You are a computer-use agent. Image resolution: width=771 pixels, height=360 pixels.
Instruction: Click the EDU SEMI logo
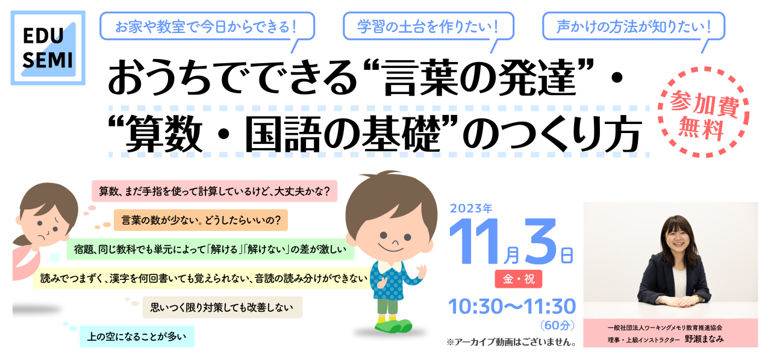(48, 48)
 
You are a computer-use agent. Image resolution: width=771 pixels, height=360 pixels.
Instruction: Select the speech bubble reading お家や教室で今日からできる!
(207, 27)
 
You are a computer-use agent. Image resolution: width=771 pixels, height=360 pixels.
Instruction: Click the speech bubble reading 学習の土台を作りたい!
(428, 27)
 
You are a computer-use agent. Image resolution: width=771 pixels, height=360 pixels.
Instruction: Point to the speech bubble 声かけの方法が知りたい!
(634, 27)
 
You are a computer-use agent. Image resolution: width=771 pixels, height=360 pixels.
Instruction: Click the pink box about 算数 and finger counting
(214, 191)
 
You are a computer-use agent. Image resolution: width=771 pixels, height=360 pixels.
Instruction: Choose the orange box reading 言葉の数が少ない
(201, 220)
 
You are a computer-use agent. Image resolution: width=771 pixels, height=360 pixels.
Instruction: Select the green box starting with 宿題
(210, 249)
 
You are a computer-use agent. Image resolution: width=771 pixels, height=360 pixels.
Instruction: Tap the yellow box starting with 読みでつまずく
(203, 278)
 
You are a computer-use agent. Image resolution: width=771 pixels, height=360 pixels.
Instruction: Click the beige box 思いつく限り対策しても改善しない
(222, 307)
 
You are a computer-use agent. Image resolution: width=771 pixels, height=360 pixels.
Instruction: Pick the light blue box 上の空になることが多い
(137, 337)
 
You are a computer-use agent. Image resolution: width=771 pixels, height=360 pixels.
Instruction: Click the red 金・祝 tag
(519, 279)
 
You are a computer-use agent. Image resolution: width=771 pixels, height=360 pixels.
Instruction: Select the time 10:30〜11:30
(512, 306)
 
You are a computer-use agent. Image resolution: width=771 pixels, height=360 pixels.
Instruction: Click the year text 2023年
(471, 208)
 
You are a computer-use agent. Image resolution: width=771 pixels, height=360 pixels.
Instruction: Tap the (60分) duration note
(557, 325)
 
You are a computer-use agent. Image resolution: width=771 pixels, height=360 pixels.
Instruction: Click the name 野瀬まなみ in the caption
(704, 339)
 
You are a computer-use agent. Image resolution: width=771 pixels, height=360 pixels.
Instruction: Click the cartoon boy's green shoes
(393, 326)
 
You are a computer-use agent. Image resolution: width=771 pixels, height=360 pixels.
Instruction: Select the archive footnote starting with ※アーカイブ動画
(511, 342)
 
